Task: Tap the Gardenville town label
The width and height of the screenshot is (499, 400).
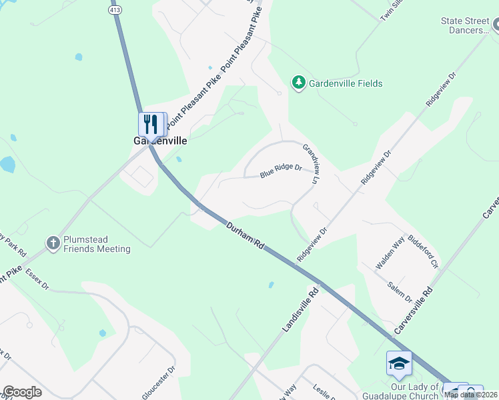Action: [x=155, y=141]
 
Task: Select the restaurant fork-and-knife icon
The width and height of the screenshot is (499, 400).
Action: [x=151, y=123]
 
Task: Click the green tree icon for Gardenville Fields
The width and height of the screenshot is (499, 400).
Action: [x=298, y=83]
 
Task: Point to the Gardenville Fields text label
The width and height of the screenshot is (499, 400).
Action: [x=346, y=83]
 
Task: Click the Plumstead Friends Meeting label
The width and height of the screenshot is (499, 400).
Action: [x=97, y=244]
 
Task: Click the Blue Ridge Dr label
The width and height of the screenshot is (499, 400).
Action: [x=282, y=171]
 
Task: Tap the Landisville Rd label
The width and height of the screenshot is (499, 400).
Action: [x=296, y=309]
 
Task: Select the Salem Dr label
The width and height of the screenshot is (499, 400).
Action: [x=400, y=291]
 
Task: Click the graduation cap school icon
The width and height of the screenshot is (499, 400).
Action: [x=398, y=363]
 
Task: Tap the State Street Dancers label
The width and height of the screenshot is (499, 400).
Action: [x=465, y=26]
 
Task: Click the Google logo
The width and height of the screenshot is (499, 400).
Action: [x=22, y=392]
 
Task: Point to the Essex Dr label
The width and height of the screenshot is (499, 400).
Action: [x=37, y=279]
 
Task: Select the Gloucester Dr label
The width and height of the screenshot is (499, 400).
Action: [x=159, y=382]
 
